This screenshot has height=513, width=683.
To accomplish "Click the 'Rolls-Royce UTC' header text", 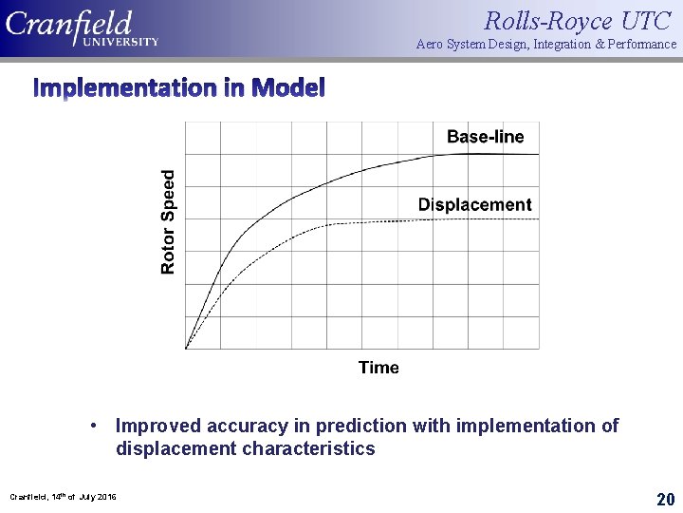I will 578,20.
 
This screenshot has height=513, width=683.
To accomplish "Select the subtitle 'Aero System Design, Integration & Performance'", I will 546,45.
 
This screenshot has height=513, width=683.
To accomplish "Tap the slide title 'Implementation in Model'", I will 179,88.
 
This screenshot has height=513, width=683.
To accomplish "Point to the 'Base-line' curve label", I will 485,137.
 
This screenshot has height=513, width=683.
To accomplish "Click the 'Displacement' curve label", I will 474,204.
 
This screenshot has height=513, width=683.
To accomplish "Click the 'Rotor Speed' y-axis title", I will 168,222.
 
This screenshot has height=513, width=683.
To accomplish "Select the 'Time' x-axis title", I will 378,368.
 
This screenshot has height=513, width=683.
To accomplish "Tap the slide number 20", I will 665,499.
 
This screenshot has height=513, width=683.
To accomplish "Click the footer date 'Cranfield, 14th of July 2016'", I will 64,497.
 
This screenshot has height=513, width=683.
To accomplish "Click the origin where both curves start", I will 186,349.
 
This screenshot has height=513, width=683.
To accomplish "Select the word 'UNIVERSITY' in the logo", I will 120,42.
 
